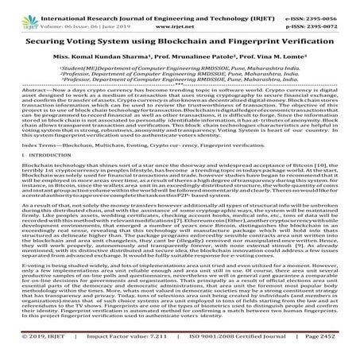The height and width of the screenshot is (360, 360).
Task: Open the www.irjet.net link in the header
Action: pos(180,22)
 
